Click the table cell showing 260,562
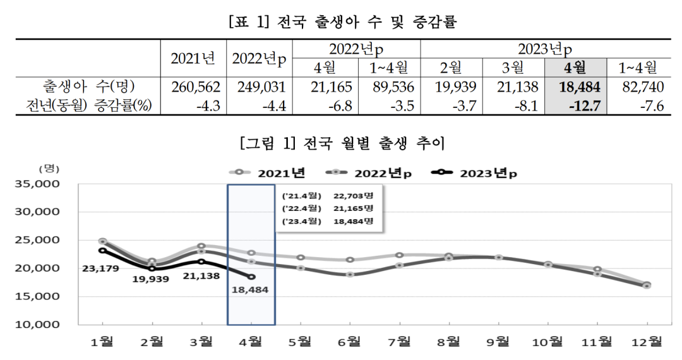(193, 87)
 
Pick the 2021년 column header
(193, 59)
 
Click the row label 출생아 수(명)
(89, 87)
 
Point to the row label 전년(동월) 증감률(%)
(89, 105)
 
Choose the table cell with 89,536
(388, 87)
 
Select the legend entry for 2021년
(268, 172)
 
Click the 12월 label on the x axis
(647, 342)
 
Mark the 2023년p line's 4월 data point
(251, 277)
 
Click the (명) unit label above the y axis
(49, 169)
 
